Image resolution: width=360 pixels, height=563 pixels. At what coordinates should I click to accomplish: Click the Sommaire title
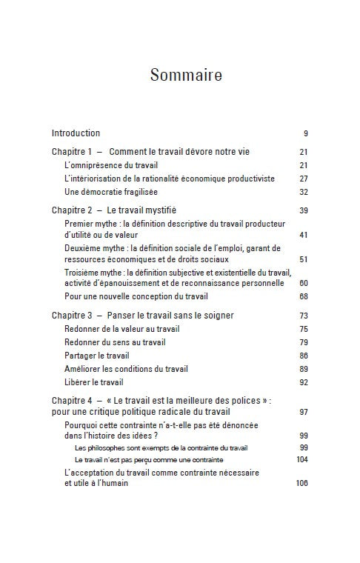(180, 75)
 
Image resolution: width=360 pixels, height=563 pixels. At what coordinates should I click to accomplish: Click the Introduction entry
(76, 133)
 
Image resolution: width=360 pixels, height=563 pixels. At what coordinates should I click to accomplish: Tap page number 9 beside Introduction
(306, 133)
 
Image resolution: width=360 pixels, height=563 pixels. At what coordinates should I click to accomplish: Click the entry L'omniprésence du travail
(112, 165)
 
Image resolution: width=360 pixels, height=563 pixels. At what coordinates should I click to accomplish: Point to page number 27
(304, 179)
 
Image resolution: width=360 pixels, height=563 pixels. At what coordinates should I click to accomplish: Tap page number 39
(304, 210)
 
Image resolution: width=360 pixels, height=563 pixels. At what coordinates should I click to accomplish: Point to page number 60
(304, 283)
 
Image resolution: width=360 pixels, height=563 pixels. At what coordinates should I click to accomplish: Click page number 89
(304, 369)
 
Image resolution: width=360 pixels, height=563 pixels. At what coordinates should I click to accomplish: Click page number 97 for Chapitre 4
(304, 411)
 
